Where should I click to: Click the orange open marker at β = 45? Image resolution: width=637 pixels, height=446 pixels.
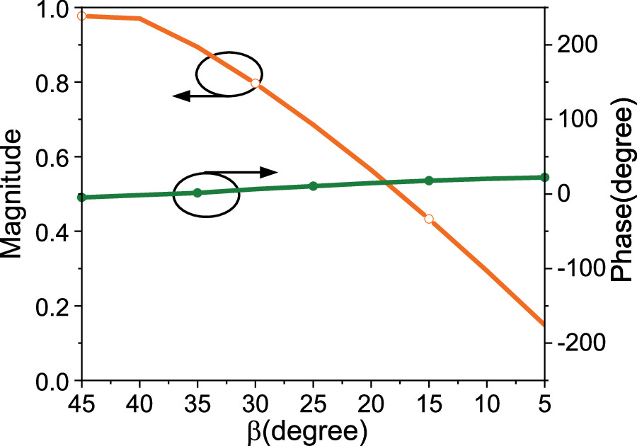81,16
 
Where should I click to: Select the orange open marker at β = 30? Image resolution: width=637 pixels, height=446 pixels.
256,84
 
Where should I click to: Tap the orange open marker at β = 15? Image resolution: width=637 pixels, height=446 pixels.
428,219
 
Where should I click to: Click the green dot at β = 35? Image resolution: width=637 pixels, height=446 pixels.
197,193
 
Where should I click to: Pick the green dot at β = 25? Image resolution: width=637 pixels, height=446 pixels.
313,185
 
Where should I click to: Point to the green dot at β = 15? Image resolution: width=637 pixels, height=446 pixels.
428,181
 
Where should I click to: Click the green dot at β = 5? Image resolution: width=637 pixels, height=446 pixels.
544,177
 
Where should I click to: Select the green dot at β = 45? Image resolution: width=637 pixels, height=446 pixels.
81,198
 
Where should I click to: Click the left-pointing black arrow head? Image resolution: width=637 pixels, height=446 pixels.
181,96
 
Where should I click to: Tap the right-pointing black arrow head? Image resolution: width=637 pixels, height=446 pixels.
269,171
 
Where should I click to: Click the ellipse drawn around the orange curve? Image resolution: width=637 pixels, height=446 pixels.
229,72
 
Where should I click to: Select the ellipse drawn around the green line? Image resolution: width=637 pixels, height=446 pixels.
206,195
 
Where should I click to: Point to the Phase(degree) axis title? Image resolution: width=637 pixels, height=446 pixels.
621,195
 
